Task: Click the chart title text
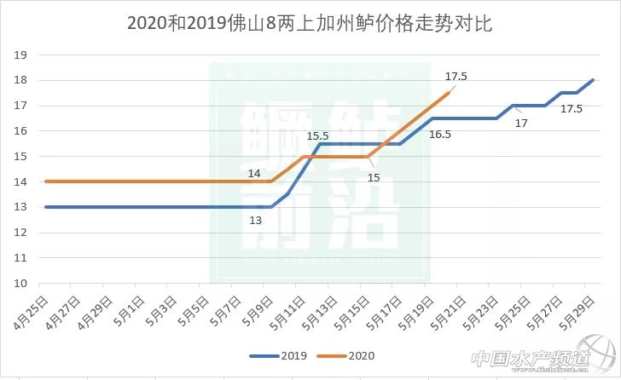tap(310, 23)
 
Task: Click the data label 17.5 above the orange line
tap(456, 77)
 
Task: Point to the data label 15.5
tap(318, 135)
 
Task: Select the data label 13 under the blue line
tap(255, 220)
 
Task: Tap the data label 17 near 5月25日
tap(521, 124)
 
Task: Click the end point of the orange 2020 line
tap(449, 93)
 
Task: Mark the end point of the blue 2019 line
tap(593, 80)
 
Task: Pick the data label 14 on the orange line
tap(254, 173)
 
